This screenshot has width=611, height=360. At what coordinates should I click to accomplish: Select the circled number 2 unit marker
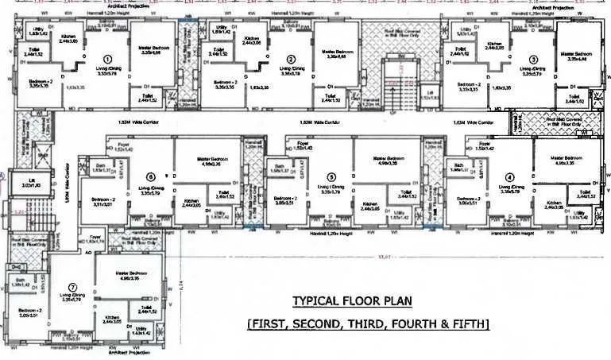(x=291, y=59)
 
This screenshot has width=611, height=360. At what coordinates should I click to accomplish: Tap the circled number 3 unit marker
(x=533, y=59)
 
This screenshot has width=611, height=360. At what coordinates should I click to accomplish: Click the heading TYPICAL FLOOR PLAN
(x=350, y=301)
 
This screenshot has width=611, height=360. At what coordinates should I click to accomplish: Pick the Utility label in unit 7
(x=141, y=328)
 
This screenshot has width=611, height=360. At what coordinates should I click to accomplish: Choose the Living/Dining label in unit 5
(x=325, y=189)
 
